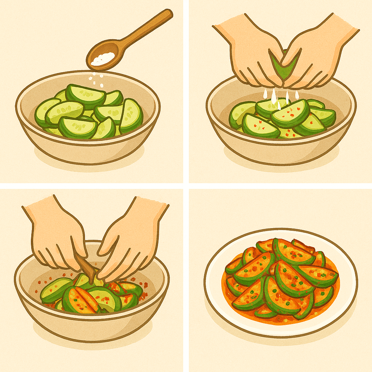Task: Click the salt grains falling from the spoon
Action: tap(96, 78)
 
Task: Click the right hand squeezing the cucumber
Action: tap(316, 54)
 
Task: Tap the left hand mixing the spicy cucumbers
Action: tap(58, 236)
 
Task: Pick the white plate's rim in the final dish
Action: tap(214, 291)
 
